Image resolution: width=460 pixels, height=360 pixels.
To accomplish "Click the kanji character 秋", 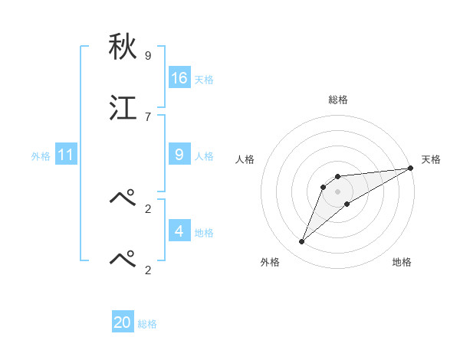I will [123, 47].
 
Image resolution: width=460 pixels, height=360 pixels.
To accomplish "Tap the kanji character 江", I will [123, 109].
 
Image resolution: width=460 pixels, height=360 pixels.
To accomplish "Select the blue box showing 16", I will [179, 78].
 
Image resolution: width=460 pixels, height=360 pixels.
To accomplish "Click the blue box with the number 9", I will [179, 155].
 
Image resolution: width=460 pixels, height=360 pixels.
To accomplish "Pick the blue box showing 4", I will [179, 231].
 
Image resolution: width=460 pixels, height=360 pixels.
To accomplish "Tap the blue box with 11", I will [65, 155].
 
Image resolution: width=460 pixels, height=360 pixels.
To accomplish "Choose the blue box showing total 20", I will [123, 322].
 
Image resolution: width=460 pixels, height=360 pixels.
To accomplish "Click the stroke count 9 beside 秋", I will [148, 56].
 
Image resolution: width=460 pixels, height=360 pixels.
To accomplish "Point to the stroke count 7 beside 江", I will [148, 116].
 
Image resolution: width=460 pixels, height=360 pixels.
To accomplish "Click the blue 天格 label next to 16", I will [204, 80].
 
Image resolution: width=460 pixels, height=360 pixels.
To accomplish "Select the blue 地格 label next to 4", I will [204, 233].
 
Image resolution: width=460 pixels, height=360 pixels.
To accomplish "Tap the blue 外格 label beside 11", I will [41, 156].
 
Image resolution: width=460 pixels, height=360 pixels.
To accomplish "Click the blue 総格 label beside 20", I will [147, 324].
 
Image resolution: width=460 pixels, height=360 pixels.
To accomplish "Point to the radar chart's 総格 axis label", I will [338, 100].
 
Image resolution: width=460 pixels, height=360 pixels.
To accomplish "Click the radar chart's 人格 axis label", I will [245, 159].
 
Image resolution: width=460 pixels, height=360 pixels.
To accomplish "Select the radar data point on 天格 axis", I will [410, 169].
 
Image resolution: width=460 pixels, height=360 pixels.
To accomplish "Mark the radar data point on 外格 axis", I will [302, 242].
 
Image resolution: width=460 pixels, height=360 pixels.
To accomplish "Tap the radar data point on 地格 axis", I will [347, 204].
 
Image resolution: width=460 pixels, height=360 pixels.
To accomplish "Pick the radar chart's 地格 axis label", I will [402, 263].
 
